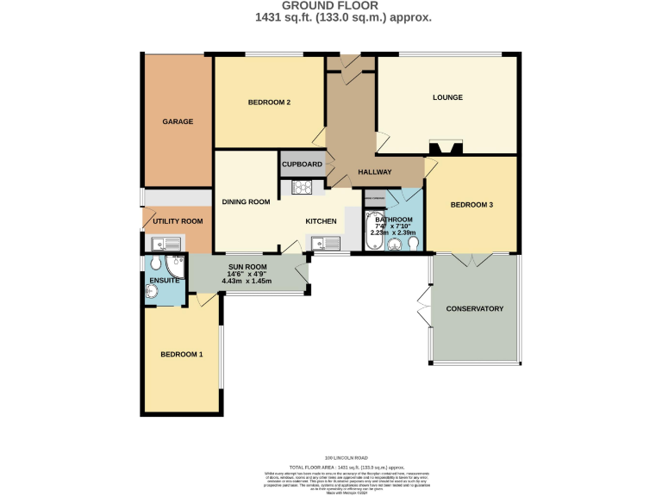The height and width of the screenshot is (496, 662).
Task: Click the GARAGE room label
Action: click(178, 121)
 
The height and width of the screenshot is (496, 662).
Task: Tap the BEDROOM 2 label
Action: click(269, 102)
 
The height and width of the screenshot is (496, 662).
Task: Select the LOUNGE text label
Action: click(447, 97)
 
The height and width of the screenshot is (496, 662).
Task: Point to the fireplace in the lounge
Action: click(447, 147)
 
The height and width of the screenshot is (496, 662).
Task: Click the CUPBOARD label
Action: click(302, 164)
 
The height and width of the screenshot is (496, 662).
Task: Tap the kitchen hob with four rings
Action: click(303, 187)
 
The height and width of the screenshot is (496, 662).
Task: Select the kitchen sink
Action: click(325, 244)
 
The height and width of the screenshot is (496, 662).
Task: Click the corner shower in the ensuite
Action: click(175, 263)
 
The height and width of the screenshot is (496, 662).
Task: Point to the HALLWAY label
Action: click(375, 172)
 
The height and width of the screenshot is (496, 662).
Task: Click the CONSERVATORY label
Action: click(474, 309)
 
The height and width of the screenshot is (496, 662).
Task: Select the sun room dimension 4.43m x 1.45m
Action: click(247, 282)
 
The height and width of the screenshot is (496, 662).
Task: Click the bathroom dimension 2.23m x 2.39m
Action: click(393, 232)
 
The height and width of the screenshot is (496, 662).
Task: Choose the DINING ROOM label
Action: click(246, 202)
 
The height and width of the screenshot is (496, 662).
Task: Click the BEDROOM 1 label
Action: click(182, 355)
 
